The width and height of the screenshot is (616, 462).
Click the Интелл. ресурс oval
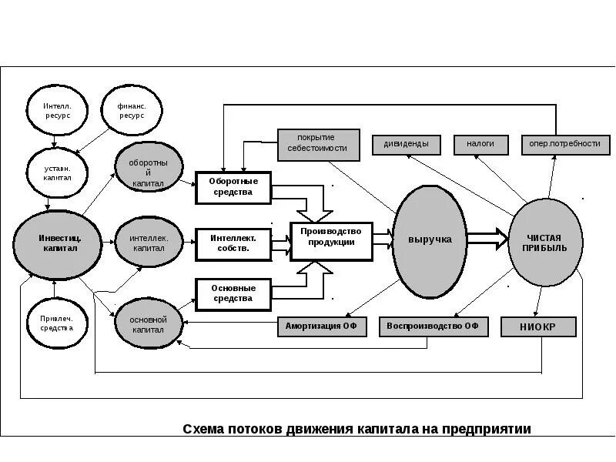pos(58,109)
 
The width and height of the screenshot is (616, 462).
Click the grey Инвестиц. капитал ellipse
pos(59,243)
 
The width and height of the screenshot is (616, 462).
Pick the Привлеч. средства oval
pos(56,322)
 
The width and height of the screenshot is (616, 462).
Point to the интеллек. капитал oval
pos(149,243)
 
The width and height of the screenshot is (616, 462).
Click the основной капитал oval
pos(149,324)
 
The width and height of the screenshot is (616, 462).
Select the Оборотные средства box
pos(233,187)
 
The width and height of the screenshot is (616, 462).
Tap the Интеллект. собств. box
pos(233,243)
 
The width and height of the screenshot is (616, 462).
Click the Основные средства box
pos(233,293)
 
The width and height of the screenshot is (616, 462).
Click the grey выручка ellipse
pos(430,240)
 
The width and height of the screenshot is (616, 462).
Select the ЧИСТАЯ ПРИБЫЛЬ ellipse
pos(547,243)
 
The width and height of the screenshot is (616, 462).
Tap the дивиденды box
pos(407,144)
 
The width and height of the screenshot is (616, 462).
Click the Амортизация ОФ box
pos(322,326)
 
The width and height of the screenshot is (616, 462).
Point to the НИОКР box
pos(538,327)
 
